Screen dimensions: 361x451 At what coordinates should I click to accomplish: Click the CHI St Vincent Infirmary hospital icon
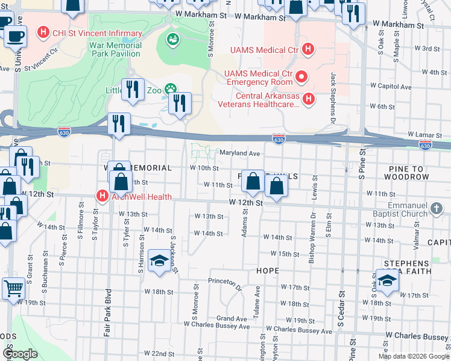[43, 32]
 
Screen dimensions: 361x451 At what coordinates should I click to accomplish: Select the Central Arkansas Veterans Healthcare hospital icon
[308, 98]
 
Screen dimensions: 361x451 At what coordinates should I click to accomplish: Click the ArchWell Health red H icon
[102, 196]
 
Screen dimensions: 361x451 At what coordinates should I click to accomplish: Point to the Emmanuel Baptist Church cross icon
[438, 209]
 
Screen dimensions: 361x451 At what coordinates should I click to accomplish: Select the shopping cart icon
[13, 288]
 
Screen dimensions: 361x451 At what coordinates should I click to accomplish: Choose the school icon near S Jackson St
[159, 261]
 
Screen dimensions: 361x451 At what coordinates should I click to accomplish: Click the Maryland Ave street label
[239, 153]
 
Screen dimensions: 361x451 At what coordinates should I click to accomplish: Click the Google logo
[20, 354]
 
